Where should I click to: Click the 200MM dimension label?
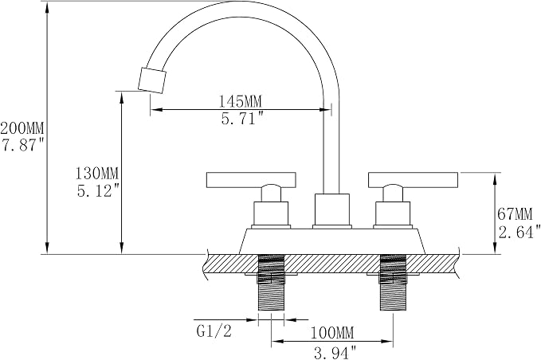tap(22, 129)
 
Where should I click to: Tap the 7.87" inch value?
tap(23, 145)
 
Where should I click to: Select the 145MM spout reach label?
tap(241, 101)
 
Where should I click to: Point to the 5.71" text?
tap(242, 119)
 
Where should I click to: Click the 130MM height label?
tap(97, 173)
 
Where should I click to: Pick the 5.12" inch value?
tap(99, 190)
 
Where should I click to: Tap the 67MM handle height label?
tap(516, 214)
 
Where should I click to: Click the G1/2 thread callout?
tap(214, 331)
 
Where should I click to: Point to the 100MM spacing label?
tap(332, 333)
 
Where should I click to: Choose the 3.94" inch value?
tap(335, 352)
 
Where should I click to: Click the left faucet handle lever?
tap(251, 180)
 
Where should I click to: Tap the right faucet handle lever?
tap(414, 180)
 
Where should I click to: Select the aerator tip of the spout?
tap(152, 80)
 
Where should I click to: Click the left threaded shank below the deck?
tap(271, 282)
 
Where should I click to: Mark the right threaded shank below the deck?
tap(393, 282)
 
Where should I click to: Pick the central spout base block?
tap(331, 209)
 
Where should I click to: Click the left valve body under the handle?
tap(271, 213)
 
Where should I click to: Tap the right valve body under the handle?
tap(393, 213)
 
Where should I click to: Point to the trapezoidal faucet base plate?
tap(332, 241)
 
